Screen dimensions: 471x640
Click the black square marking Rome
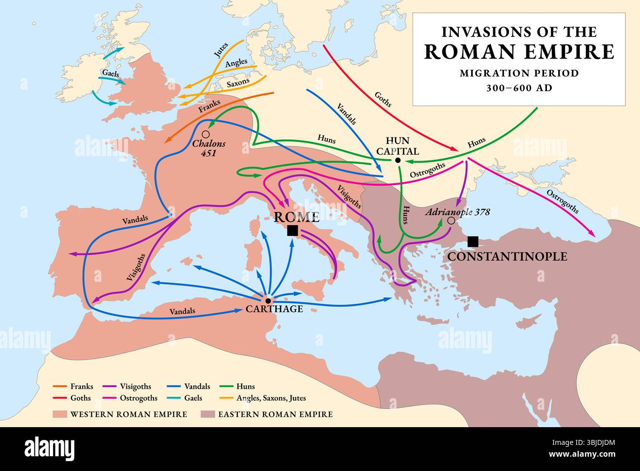(x=292, y=231)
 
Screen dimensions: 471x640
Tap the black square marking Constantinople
(x=473, y=241)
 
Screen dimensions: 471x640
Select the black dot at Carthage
(x=268, y=300)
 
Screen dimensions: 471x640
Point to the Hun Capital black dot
(x=397, y=160)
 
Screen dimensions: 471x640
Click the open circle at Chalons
(x=206, y=134)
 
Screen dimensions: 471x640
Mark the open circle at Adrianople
(x=451, y=221)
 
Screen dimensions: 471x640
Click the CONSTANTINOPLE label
(x=507, y=257)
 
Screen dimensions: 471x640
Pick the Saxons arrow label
(x=238, y=82)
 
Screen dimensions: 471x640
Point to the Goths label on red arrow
(x=383, y=100)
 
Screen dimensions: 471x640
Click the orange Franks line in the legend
(x=60, y=387)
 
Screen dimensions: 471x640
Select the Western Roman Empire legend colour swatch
(x=60, y=414)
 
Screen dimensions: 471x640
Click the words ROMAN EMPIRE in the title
(x=519, y=52)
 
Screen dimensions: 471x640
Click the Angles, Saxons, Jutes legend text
(x=271, y=398)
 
